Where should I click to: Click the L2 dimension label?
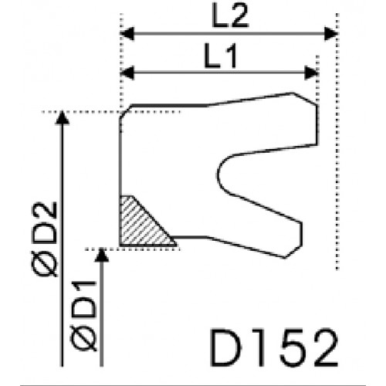[230, 15]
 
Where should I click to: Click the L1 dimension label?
[220, 56]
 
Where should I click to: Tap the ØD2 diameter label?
[44, 239]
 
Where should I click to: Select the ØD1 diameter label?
[83, 316]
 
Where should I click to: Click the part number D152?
[274, 347]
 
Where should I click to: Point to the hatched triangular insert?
[142, 225]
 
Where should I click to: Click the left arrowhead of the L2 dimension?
[127, 33]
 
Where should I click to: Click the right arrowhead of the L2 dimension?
[330, 33]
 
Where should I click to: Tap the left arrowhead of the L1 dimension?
[127, 73]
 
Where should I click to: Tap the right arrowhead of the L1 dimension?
[311, 73]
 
